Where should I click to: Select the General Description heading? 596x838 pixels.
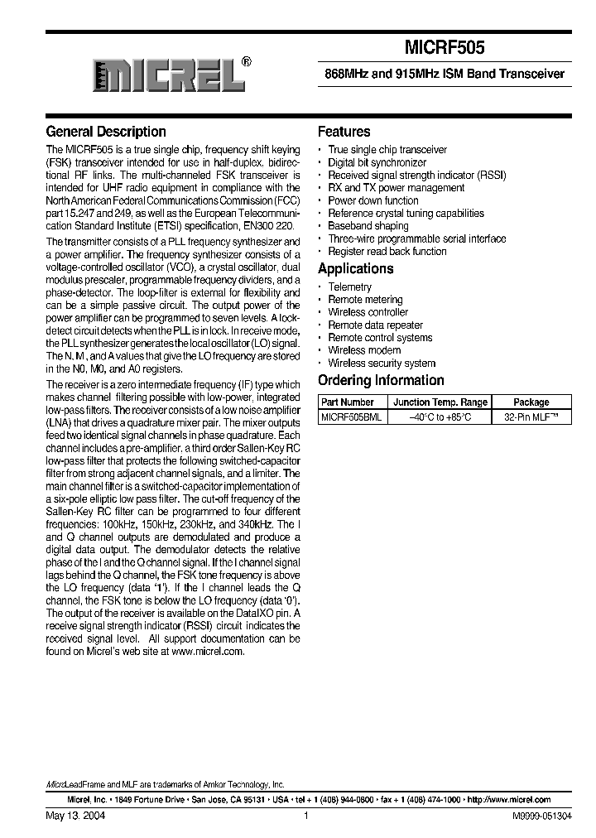pyautogui.click(x=106, y=132)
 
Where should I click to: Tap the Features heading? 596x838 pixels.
pyautogui.click(x=344, y=132)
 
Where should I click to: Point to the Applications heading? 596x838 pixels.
pyautogui.click(x=355, y=268)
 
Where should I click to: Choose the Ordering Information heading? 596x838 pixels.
pyautogui.click(x=381, y=380)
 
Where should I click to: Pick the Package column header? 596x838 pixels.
pyautogui.click(x=531, y=402)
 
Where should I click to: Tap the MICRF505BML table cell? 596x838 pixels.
pyautogui.click(x=351, y=417)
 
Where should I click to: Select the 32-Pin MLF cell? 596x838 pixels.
pyautogui.click(x=531, y=417)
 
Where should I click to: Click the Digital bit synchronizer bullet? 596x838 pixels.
pyautogui.click(x=377, y=162)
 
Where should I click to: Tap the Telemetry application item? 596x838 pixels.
pyautogui.click(x=349, y=287)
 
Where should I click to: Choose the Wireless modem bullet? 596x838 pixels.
pyautogui.click(x=364, y=350)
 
